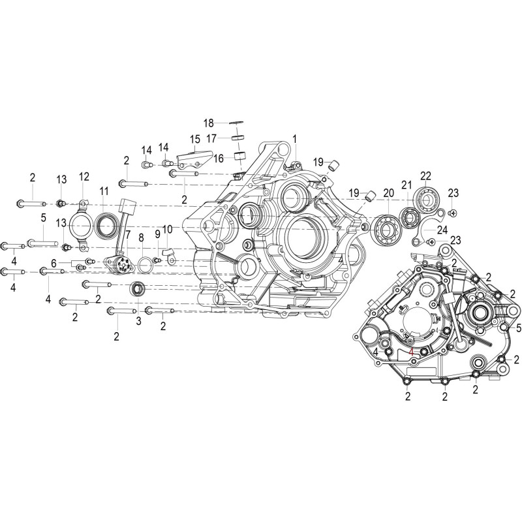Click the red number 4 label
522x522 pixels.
pyautogui.click(x=412, y=351)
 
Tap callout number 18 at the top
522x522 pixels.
pyautogui.click(x=209, y=123)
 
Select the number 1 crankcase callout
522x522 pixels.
pyautogui.click(x=294, y=139)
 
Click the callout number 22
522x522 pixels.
pyautogui.click(x=426, y=176)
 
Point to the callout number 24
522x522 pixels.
pyautogui.click(x=442, y=230)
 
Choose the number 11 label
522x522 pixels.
pyautogui.click(x=104, y=191)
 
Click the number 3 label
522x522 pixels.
pyautogui.click(x=138, y=321)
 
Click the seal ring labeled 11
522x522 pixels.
pyautogui.click(x=107, y=226)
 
